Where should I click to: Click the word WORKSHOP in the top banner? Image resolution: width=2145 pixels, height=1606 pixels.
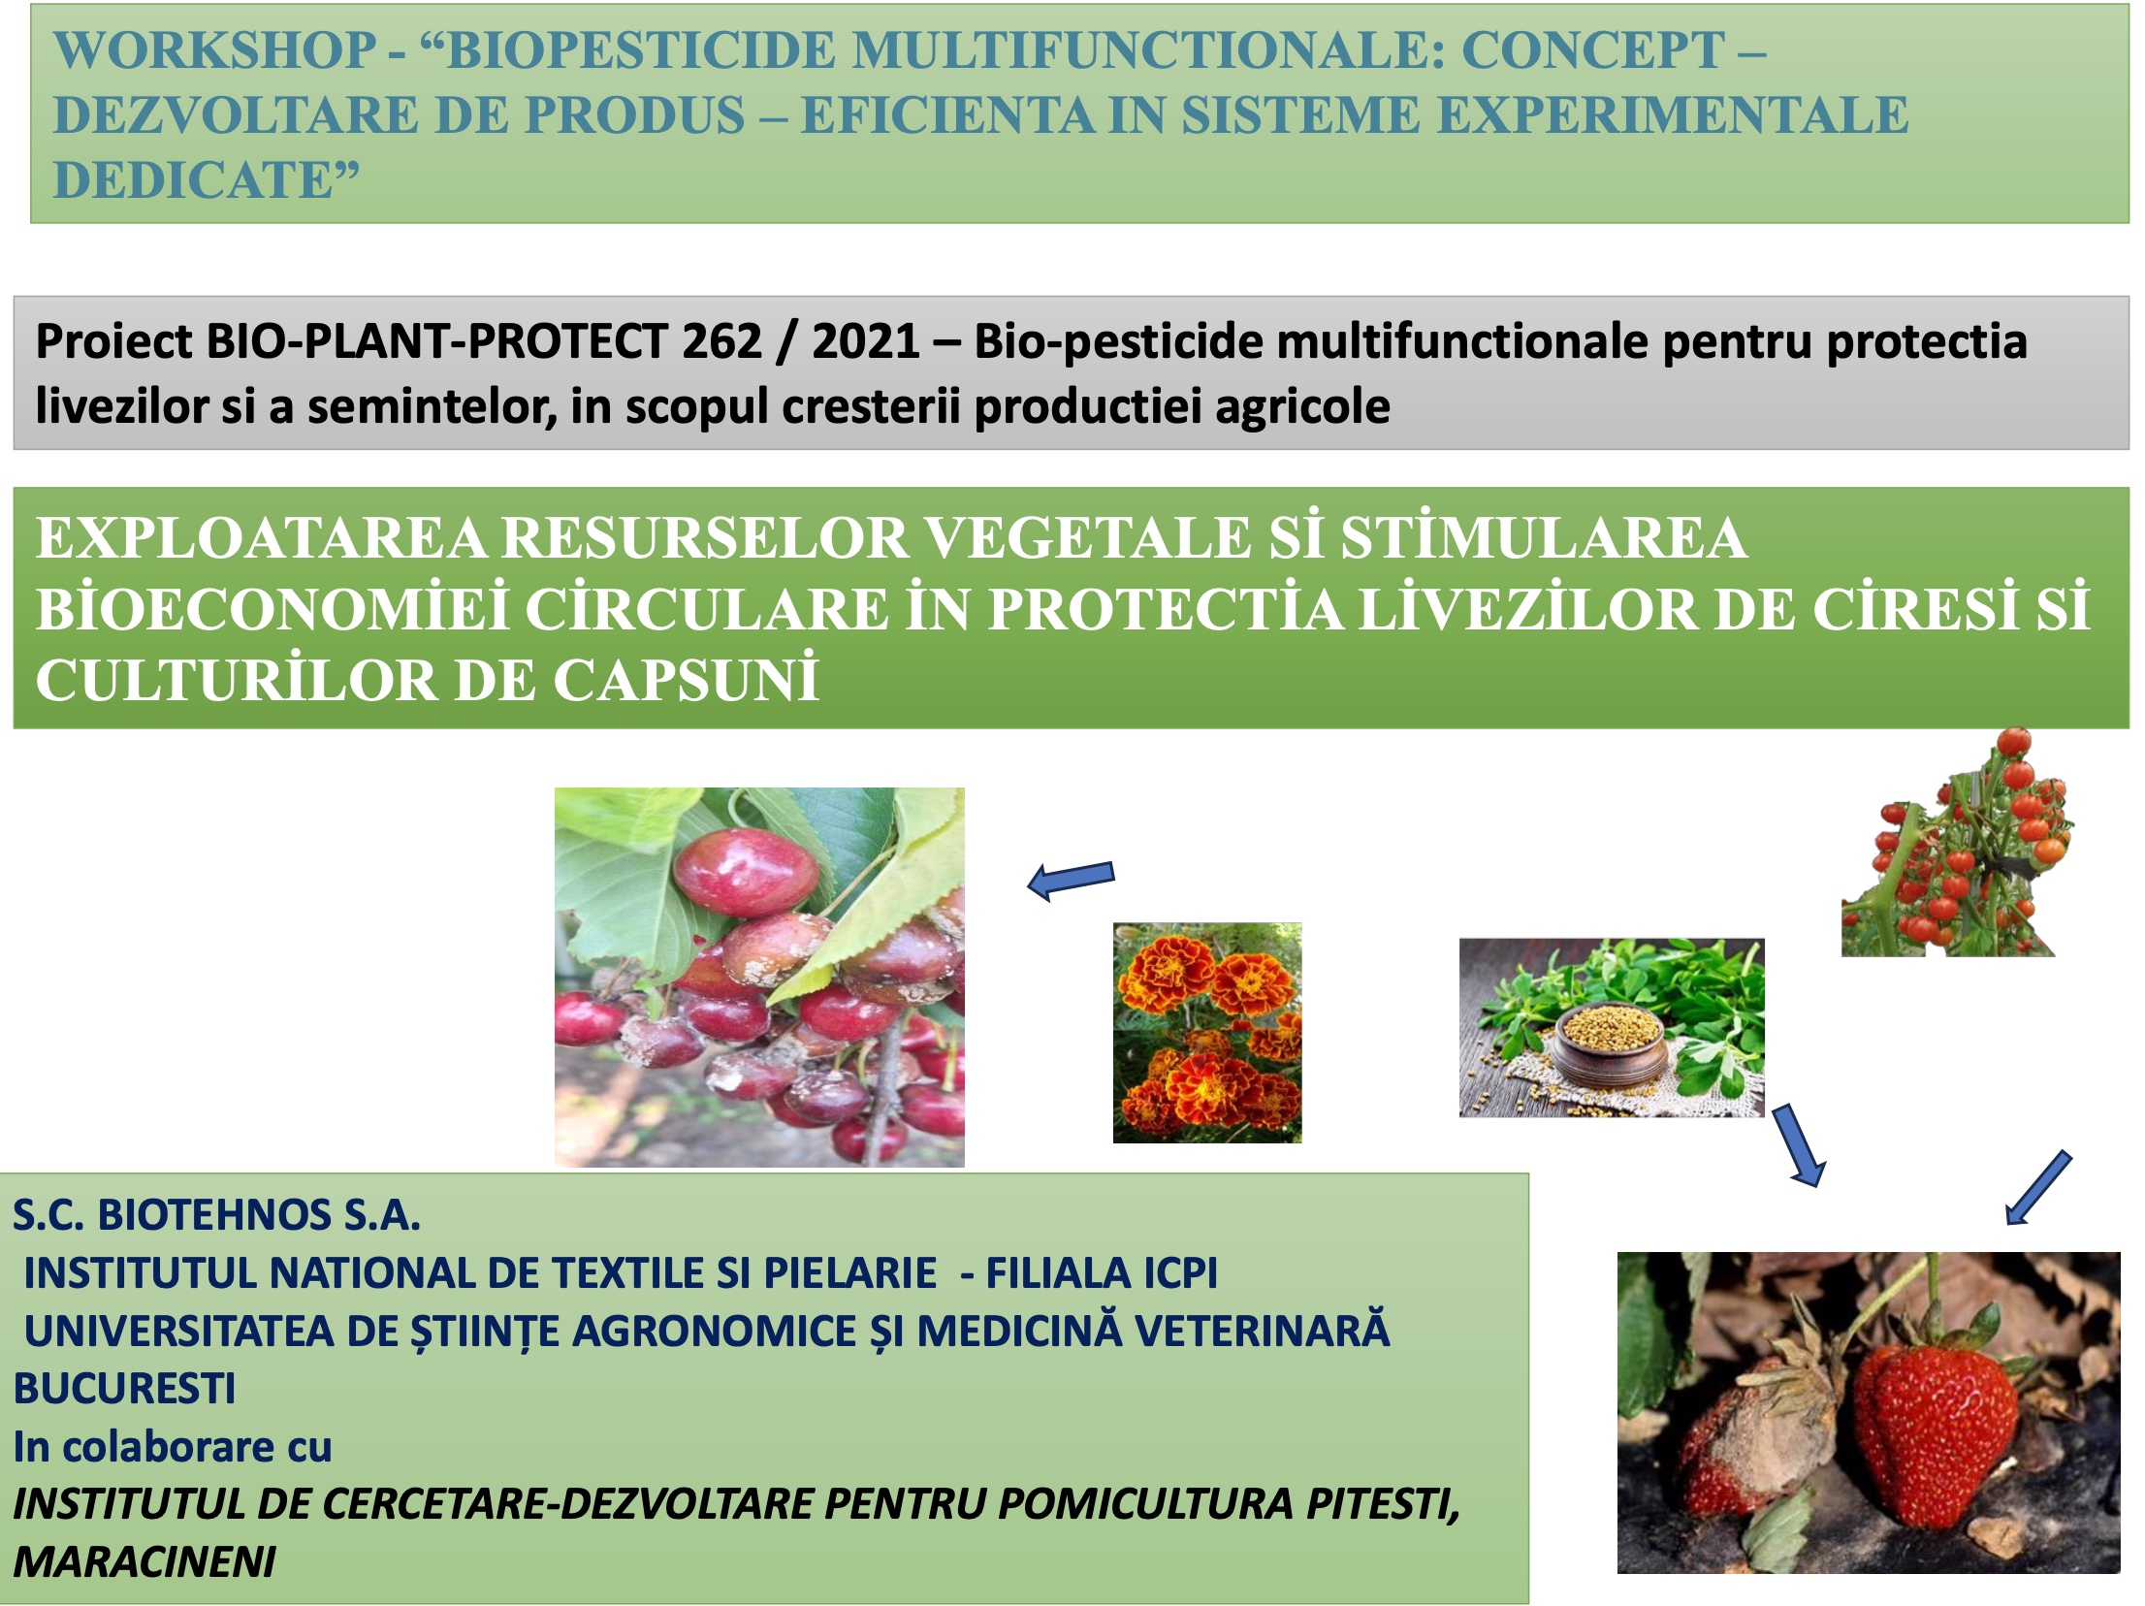[x=215, y=50]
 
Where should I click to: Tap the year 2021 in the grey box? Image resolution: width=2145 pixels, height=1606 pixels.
[x=866, y=341]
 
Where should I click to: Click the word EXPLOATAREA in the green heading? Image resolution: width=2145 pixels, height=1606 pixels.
[x=261, y=538]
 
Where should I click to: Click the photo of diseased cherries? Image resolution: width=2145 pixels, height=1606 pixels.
[x=759, y=977]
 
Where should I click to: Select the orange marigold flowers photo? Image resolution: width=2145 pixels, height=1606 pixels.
[x=1207, y=1033]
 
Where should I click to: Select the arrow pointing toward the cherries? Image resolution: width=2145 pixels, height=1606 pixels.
[x=1071, y=880]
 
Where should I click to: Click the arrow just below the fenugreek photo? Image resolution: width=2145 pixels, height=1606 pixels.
[x=1800, y=1144]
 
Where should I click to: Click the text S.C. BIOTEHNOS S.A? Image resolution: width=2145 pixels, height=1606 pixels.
[x=216, y=1215]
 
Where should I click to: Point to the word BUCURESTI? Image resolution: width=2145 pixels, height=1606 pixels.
[x=124, y=1389]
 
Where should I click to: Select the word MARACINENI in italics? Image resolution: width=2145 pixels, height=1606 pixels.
[x=144, y=1562]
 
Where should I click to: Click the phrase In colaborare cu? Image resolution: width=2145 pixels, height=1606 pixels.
[x=173, y=1447]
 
